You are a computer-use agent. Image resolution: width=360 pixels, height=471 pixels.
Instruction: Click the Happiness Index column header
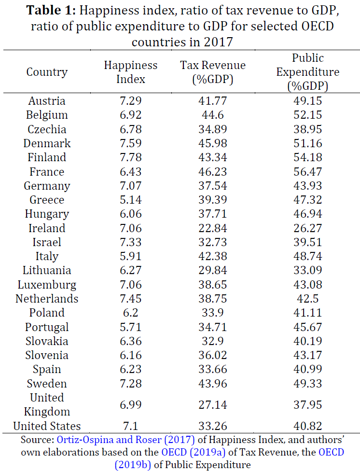131,72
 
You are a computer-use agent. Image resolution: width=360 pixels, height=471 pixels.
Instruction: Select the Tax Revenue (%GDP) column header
213,72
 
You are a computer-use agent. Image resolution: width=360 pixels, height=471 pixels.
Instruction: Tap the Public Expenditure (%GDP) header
308,72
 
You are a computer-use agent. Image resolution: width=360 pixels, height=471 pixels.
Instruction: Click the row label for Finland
47,157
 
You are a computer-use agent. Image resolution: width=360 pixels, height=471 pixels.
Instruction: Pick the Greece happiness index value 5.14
131,200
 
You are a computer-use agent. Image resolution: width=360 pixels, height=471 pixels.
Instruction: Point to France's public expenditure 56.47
308,171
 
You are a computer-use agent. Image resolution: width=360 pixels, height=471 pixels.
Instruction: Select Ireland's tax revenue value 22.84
213,228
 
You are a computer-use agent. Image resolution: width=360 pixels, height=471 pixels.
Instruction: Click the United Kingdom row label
47,404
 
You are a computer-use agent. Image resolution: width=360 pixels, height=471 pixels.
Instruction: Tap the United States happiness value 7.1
131,426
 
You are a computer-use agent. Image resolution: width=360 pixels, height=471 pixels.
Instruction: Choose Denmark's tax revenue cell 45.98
213,143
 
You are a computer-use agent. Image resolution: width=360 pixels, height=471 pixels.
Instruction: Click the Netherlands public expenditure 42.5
308,299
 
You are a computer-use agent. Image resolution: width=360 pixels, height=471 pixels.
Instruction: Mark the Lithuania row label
47,270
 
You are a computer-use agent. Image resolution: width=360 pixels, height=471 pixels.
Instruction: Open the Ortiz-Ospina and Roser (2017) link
125,440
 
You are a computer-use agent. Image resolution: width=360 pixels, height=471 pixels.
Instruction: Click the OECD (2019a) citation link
194,452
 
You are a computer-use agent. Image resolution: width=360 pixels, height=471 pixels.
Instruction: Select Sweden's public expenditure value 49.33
308,384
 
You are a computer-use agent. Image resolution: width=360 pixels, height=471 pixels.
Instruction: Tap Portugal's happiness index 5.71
131,327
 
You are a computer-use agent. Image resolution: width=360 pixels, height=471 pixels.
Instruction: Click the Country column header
47,72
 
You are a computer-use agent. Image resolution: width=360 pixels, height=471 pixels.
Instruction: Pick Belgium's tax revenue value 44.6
213,115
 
